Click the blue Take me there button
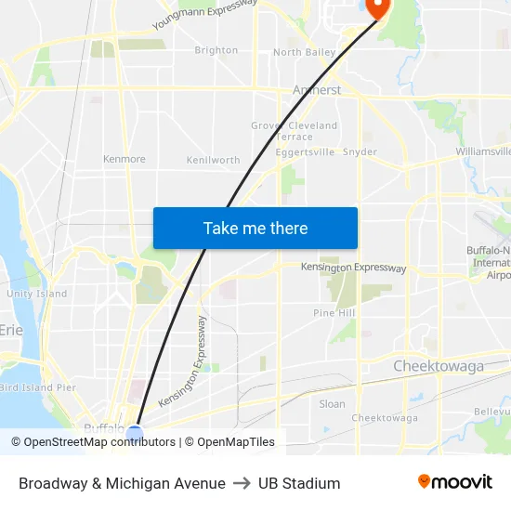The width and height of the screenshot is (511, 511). pos(255,228)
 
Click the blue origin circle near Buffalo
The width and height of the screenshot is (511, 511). pos(135,433)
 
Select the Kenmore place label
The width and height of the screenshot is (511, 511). pos(124,159)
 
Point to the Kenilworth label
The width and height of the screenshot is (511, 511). pos(213,160)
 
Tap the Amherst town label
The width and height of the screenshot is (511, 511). pos(317,90)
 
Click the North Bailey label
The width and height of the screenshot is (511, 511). pos(304,53)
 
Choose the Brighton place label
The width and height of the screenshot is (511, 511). pos(216,50)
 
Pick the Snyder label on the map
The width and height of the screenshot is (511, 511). pos(360,151)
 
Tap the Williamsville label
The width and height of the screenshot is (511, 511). pos(483,151)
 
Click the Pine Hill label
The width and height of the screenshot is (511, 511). pos(334,313)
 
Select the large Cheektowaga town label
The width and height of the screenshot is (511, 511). pos(439,366)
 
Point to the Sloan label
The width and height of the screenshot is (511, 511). pos(332,404)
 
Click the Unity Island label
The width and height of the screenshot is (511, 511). pos(37,294)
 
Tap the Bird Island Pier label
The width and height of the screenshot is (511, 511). pos(38,387)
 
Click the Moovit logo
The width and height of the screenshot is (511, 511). pos(455,482)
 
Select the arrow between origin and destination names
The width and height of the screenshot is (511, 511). pos(242,483)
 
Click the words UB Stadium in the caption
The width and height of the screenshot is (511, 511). pos(299,483)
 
